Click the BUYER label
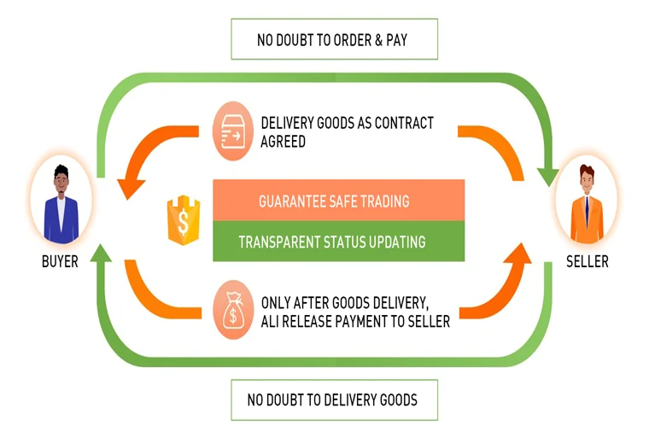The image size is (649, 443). pos(60,261)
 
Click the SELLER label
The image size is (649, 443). pos(588,261)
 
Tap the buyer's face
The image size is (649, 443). pos(61,179)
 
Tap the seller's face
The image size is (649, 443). pos(586,180)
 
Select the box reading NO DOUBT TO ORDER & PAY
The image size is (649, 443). pos(334,39)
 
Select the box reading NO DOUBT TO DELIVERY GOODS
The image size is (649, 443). pos(334,398)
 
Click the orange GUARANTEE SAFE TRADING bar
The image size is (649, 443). pos(338,201)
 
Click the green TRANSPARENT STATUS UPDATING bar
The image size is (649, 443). pos(338,242)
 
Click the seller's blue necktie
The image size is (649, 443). pos(587,209)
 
